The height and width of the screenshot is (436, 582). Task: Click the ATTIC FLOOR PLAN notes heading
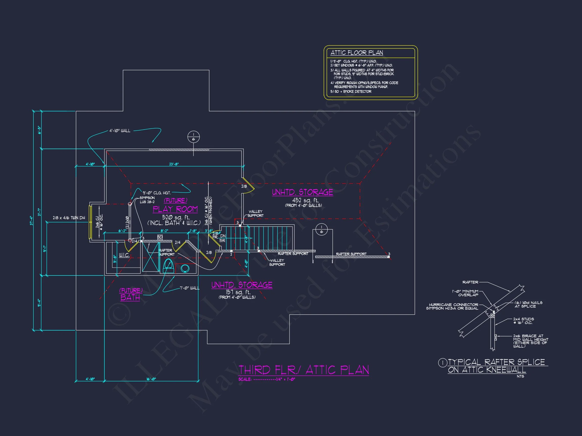click(x=356, y=53)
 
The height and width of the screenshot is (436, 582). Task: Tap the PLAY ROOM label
click(x=175, y=209)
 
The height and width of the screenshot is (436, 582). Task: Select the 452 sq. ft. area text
click(x=305, y=200)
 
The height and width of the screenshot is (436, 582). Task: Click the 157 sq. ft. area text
click(x=238, y=292)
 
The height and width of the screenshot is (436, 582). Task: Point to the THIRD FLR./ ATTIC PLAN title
click(x=303, y=370)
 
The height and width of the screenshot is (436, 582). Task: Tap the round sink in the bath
click(x=185, y=268)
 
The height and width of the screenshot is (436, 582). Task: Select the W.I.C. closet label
click(x=124, y=255)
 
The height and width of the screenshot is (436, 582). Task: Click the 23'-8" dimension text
click(x=174, y=164)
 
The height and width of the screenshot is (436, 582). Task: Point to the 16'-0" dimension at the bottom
click(x=151, y=379)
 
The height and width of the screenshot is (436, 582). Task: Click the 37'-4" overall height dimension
click(x=32, y=221)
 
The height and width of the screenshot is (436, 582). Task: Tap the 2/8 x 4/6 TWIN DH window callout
click(x=69, y=218)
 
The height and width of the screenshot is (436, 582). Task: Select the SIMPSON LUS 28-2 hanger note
click(x=147, y=200)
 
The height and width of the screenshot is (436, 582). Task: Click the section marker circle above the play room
click(x=193, y=137)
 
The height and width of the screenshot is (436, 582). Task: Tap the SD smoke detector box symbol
click(x=160, y=237)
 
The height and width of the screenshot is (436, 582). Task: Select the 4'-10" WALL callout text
click(x=120, y=131)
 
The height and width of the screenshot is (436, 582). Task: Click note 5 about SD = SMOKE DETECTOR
click(x=351, y=91)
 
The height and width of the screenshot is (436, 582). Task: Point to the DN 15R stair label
click(x=223, y=238)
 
